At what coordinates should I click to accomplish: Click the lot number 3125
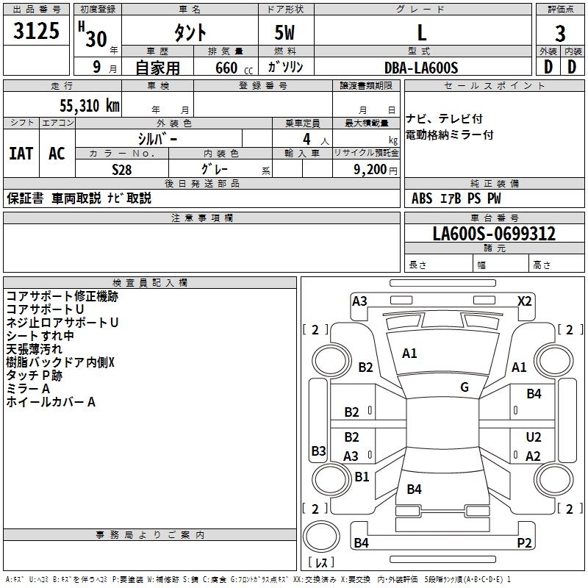pos(36,31)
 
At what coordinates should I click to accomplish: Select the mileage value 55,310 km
pos(90,106)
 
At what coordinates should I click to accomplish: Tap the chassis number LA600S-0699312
pos(494,234)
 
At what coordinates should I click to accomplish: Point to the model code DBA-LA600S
pos(421,68)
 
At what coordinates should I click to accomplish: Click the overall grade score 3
pos(560,34)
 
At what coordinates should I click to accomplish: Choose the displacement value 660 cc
pos(234,68)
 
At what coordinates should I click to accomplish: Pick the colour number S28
pos(122,170)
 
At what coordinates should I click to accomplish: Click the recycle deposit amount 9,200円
pos(376,170)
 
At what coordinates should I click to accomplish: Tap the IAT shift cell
pos(21,154)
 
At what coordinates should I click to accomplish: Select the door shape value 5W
pos(284,32)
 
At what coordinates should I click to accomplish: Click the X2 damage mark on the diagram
pos(524,301)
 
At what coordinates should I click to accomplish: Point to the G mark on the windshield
pos(465,387)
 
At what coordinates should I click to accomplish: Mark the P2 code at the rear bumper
pos(524,542)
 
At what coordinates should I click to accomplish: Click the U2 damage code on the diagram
pos(534,437)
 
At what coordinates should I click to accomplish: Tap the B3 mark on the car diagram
pos(318,451)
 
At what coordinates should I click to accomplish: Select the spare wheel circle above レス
pos(321,537)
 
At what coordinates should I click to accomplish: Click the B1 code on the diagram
pos(362,476)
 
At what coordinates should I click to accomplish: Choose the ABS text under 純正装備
pos(422,198)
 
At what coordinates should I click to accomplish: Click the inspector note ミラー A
pos(28,389)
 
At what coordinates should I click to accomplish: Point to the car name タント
pos(190,32)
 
